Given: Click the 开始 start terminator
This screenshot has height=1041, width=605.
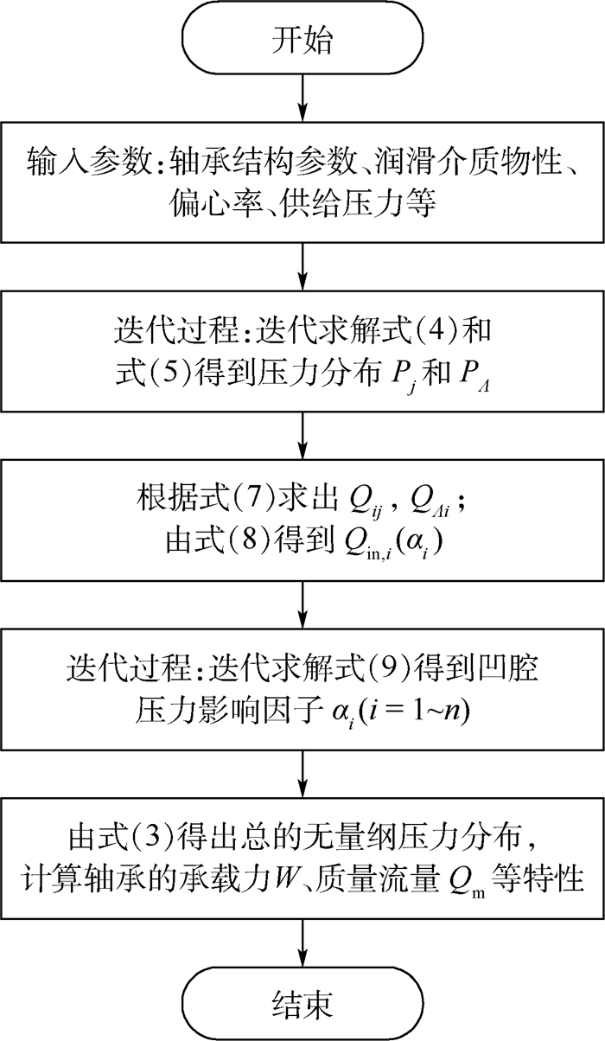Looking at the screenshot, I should click(x=302, y=42).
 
